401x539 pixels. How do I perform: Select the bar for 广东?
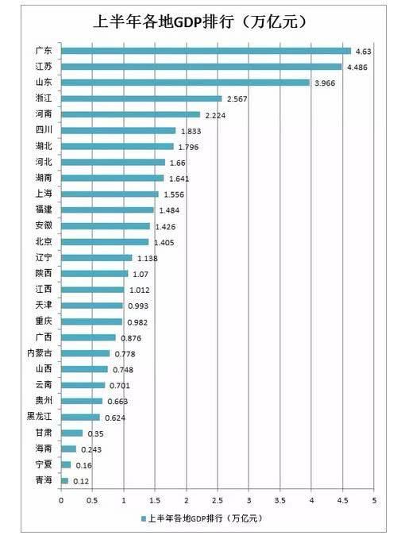[x=206, y=51]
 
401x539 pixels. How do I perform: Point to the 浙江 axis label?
[x=44, y=98]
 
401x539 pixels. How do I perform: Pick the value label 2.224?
[x=216, y=114]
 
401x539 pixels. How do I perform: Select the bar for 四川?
[x=118, y=130]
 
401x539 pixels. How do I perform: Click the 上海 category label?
[x=44, y=194]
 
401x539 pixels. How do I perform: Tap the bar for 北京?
[x=105, y=241]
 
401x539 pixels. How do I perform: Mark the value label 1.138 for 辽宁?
[x=148, y=258]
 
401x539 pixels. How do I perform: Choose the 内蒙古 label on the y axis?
[x=40, y=353]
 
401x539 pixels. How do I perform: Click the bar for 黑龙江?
[x=80, y=417]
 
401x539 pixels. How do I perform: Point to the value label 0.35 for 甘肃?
[x=94, y=433]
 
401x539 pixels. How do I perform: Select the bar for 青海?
[x=64, y=480]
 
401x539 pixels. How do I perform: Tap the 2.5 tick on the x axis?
[x=217, y=500]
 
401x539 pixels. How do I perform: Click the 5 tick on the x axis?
[x=373, y=500]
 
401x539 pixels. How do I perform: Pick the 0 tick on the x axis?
[x=61, y=500]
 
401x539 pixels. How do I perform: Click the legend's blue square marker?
[x=144, y=518]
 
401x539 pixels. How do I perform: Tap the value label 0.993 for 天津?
[x=138, y=306]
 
